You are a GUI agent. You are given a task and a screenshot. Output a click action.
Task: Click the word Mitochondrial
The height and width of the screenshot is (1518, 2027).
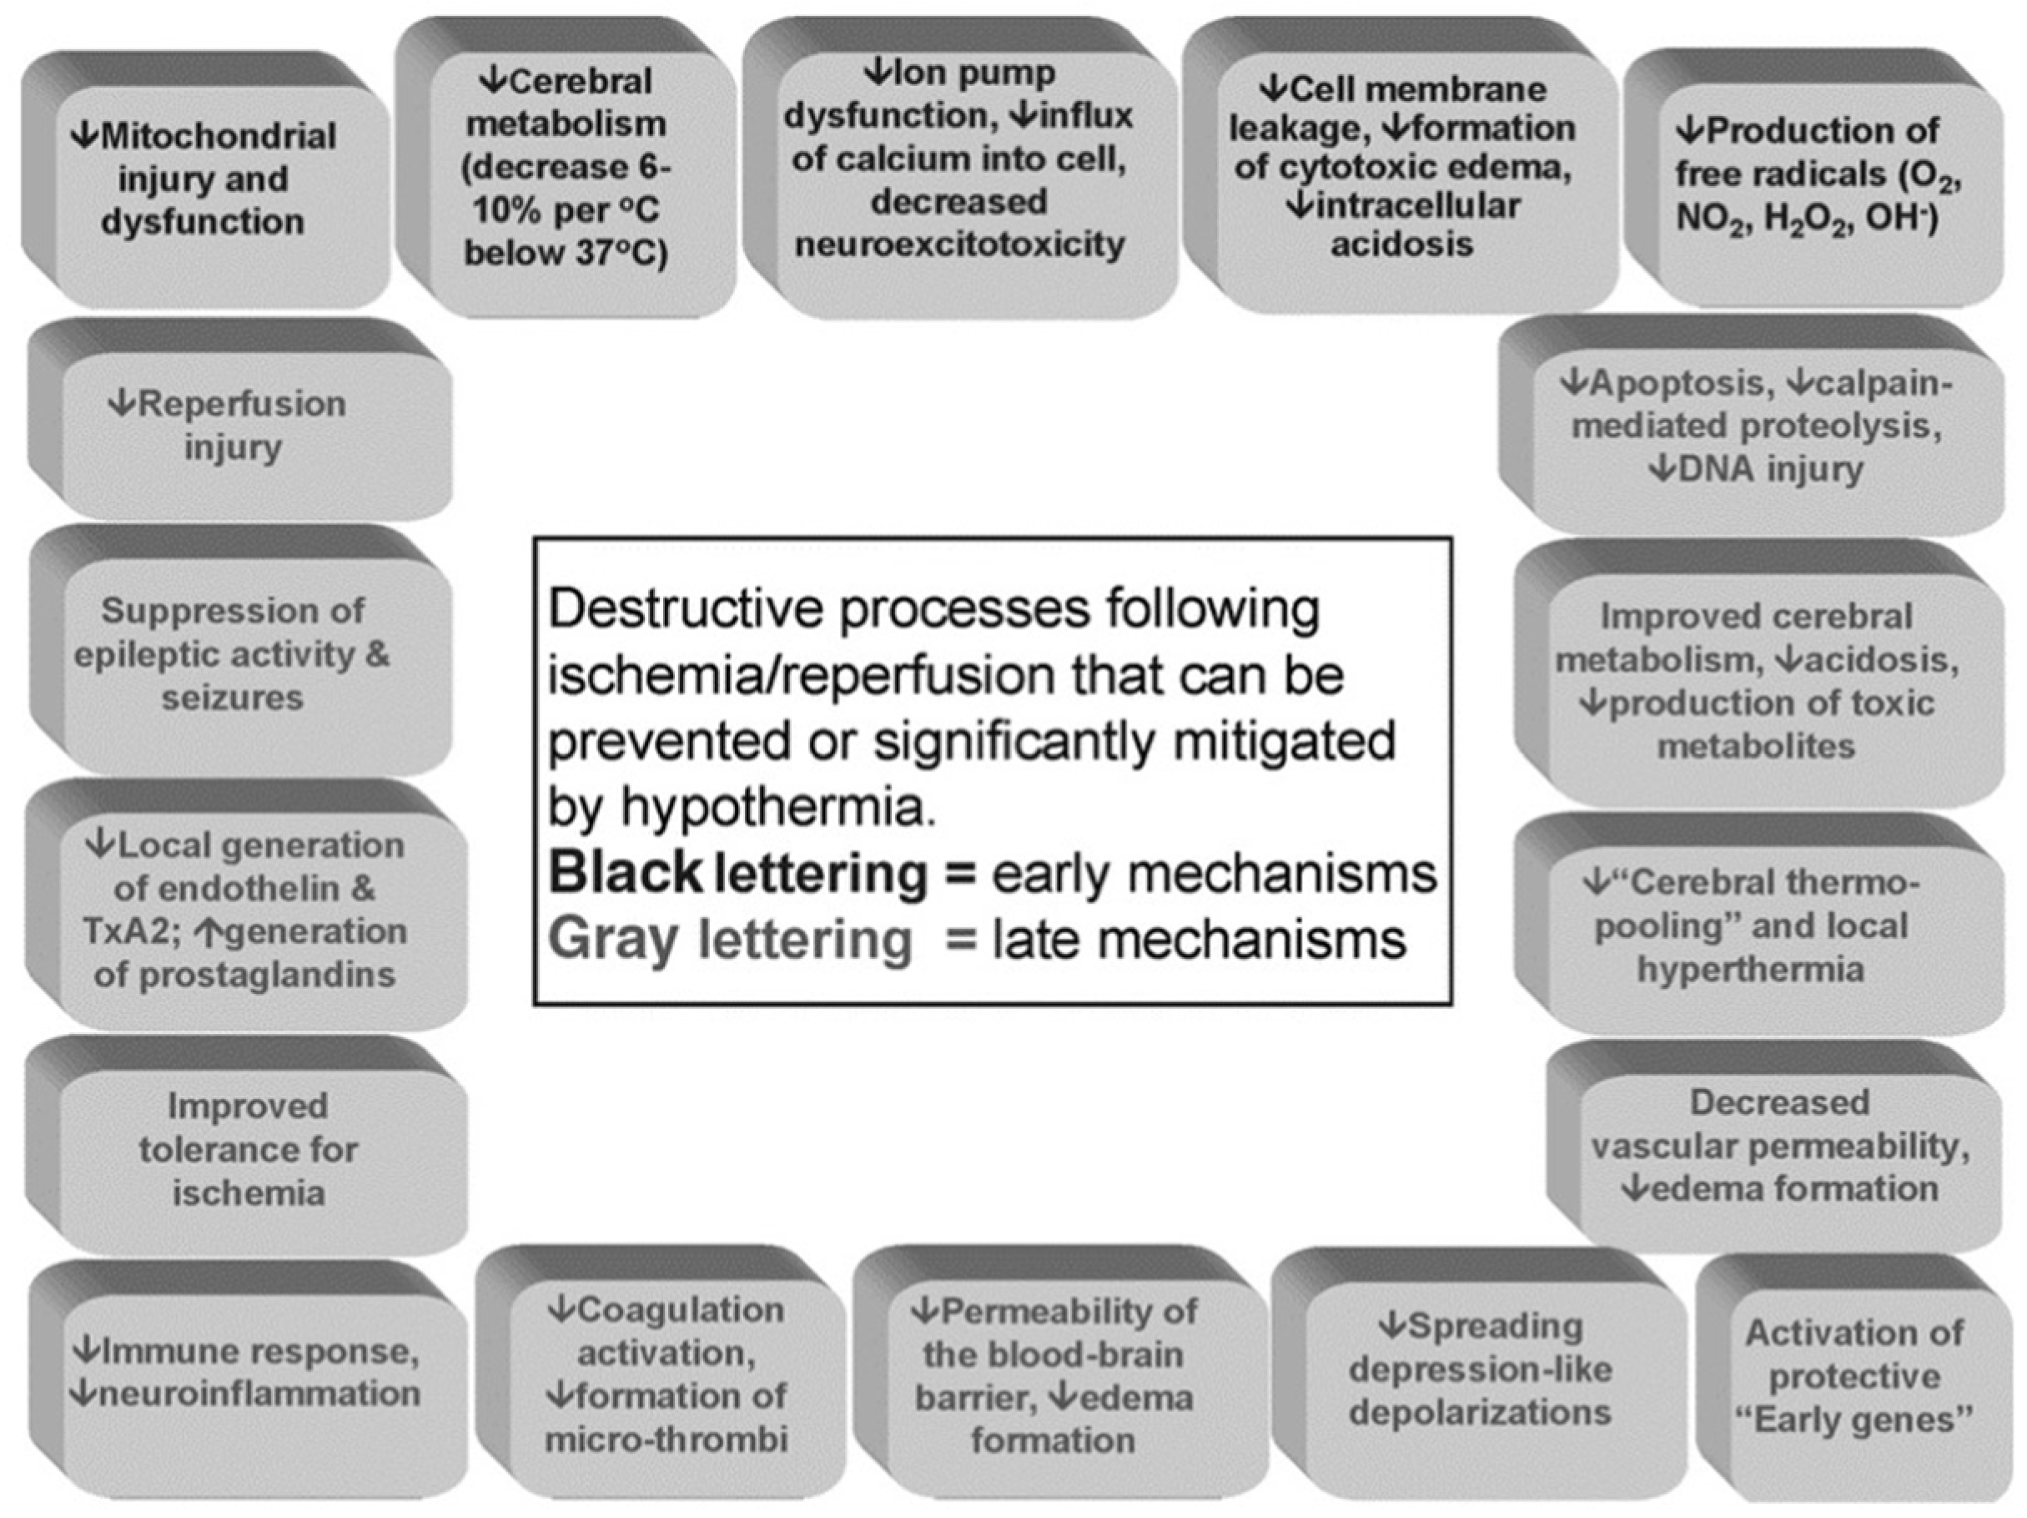pos(218,137)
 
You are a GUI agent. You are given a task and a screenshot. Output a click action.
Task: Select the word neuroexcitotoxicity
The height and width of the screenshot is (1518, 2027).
pos(959,245)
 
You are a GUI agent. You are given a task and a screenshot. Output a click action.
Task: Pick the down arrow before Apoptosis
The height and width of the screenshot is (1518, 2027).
pos(1573,383)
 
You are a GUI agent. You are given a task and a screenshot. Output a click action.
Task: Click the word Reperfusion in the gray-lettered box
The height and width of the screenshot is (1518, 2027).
pos(241,404)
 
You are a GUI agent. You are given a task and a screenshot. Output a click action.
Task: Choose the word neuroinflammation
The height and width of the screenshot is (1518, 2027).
pos(259,1394)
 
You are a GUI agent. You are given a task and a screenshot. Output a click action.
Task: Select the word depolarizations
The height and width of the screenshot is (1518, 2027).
pos(1479,1413)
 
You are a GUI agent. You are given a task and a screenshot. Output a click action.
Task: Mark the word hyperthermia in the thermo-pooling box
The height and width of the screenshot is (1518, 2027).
pos(1750,970)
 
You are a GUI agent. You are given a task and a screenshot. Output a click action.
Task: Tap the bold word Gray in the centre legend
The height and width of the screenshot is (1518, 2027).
pos(613,939)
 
